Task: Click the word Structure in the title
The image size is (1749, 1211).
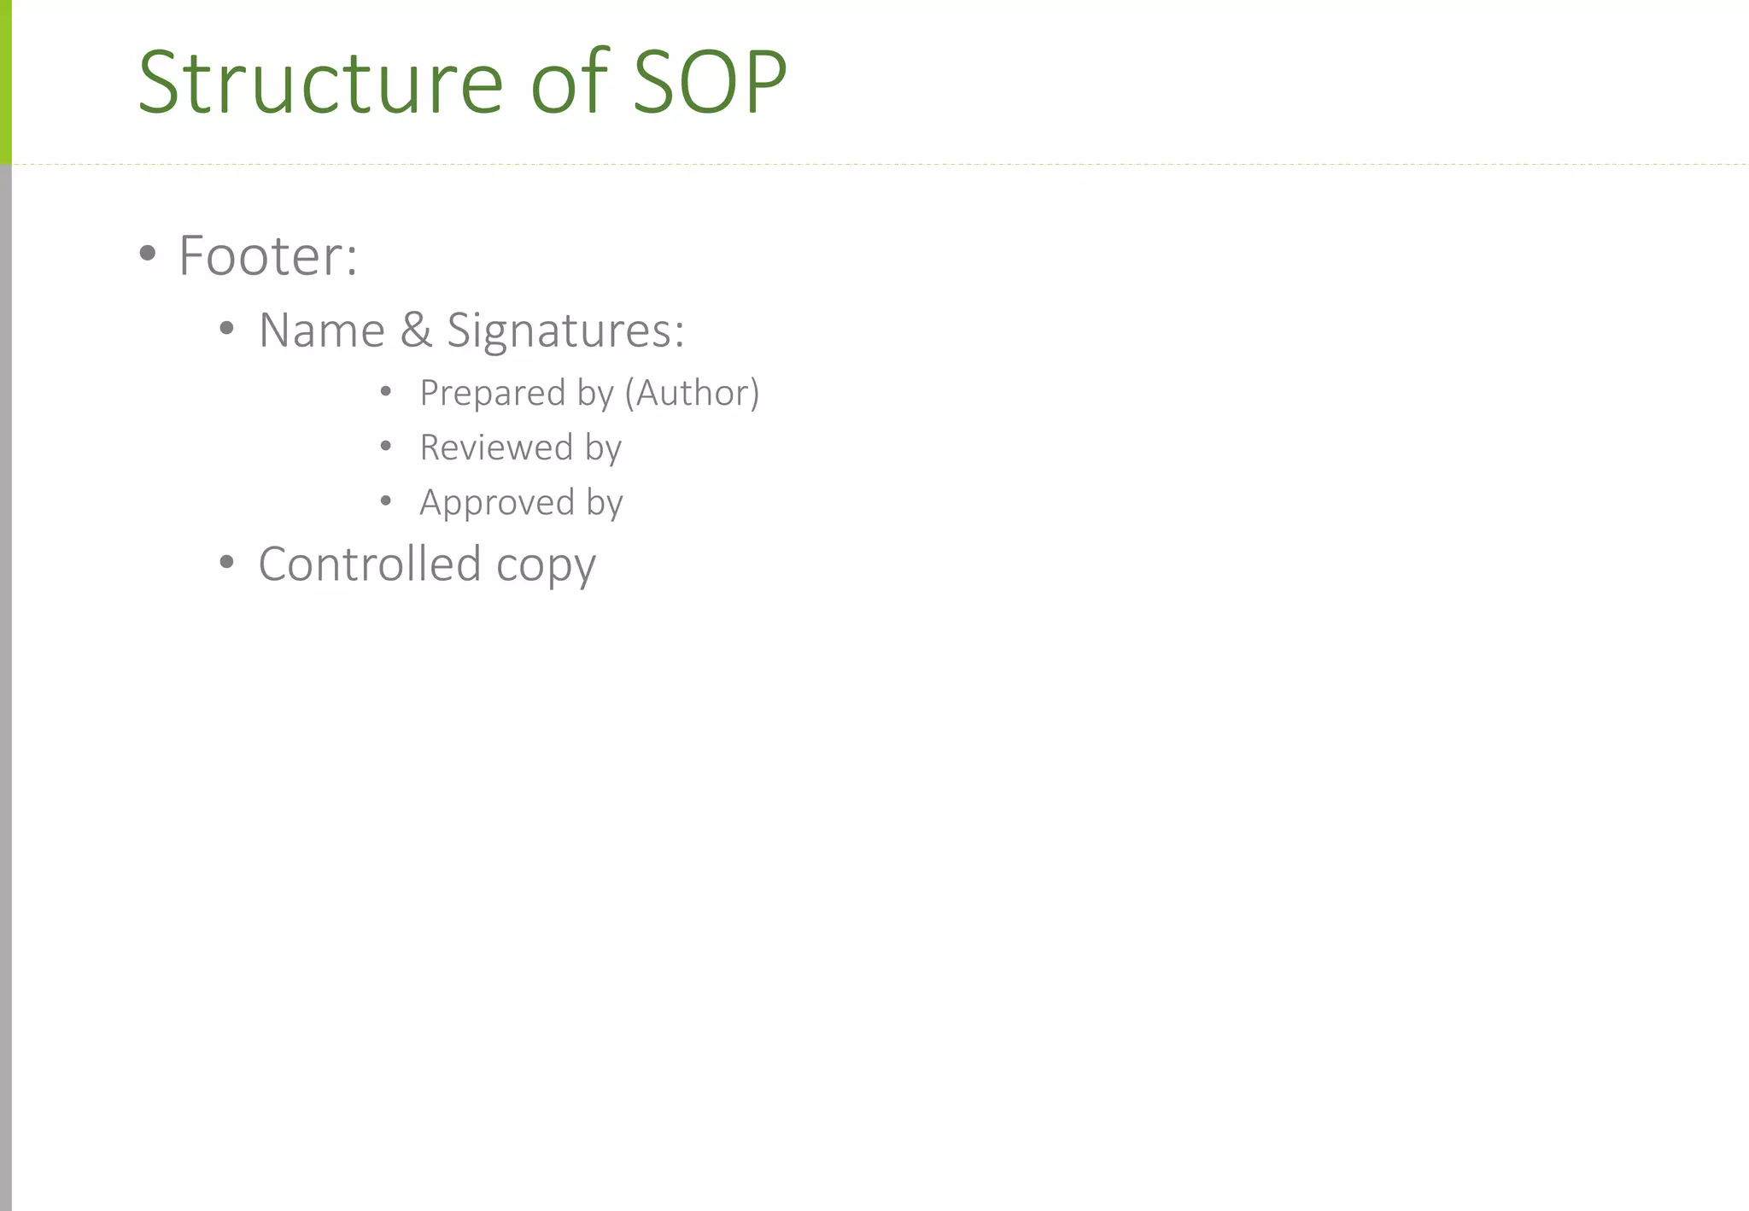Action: [320, 83]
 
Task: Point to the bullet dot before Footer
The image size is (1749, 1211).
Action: [148, 253]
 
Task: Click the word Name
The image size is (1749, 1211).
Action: [321, 331]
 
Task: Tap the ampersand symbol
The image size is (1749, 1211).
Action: [416, 331]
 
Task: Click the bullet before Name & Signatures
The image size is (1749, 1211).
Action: [226, 329]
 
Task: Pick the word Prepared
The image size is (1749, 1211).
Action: [492, 394]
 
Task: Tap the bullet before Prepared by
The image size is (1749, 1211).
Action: [386, 391]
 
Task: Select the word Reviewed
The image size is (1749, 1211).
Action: [496, 448]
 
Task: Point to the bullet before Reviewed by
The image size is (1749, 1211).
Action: [386, 446]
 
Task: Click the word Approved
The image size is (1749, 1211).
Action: [497, 503]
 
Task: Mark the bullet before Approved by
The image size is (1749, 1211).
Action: [386, 500]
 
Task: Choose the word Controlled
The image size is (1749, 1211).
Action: [370, 564]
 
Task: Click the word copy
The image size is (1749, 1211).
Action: [546, 567]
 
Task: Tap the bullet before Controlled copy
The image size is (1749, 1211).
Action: [226, 562]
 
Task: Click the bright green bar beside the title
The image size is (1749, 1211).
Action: [5, 81]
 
